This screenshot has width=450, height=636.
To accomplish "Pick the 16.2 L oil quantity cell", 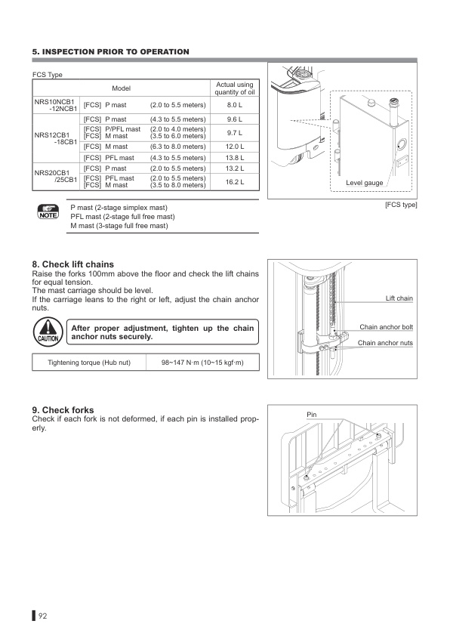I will click(x=233, y=181).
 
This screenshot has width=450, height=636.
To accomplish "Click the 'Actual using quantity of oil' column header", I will click(x=233, y=88).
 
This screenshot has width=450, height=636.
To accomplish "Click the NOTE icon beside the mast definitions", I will click(x=47, y=212).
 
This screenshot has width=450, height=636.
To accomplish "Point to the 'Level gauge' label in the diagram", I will click(x=365, y=183).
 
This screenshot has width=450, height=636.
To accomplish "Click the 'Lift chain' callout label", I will click(x=399, y=298).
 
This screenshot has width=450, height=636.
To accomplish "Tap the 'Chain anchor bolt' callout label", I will click(x=386, y=327).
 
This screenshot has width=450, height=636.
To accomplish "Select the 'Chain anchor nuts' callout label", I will click(x=385, y=343).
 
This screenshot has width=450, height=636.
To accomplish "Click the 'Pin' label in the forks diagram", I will click(x=313, y=415).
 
